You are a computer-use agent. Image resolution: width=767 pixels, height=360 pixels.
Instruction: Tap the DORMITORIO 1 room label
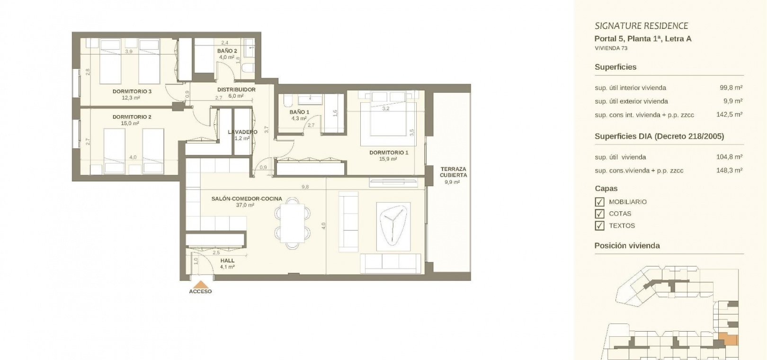tap(389, 153)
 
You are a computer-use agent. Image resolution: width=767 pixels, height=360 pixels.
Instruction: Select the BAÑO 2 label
tap(227, 51)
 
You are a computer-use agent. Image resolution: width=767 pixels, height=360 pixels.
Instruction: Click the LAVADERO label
tap(242, 132)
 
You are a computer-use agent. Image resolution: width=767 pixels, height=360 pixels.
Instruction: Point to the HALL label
tap(227, 261)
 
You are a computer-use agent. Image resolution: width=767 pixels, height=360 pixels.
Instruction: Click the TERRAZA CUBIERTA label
tap(454, 172)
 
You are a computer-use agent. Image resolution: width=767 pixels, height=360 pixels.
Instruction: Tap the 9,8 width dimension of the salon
tap(305, 187)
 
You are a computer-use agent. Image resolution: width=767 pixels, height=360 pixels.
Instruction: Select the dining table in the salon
tap(292, 223)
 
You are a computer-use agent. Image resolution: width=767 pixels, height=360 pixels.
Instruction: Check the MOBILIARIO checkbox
tap(599, 202)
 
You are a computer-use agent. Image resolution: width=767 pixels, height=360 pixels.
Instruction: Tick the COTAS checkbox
tap(599, 214)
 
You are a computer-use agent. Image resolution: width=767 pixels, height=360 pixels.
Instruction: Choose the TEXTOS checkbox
tap(599, 226)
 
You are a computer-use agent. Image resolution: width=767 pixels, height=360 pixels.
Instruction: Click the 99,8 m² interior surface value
tap(731, 88)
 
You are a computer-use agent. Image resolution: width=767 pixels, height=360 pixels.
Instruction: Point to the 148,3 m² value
tap(729, 170)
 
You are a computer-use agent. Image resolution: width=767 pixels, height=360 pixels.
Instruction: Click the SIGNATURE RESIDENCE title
tap(642, 26)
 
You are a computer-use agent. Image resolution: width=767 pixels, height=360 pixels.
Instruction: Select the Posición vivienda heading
tap(627, 245)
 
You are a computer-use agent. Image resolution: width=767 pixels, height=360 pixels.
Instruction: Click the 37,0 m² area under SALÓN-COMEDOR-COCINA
tap(245, 205)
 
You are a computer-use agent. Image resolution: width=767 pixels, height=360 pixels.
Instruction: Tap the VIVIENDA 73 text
tap(611, 48)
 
